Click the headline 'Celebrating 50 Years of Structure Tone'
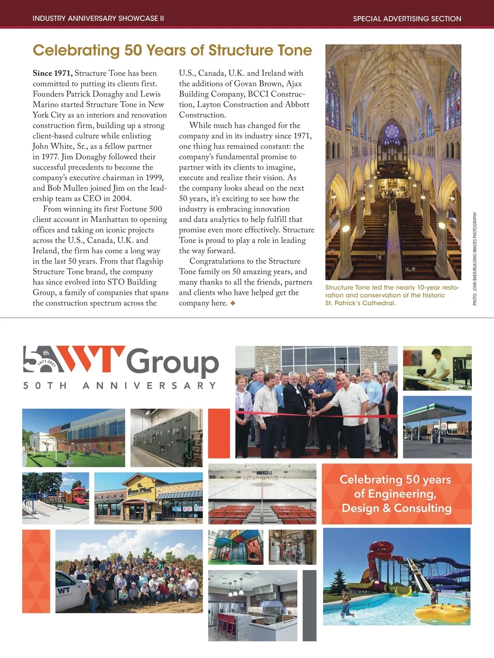(x=172, y=51)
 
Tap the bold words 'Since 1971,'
(x=53, y=73)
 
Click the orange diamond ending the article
(x=233, y=303)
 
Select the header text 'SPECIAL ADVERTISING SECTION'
(x=407, y=19)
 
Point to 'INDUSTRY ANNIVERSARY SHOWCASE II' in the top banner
(x=98, y=19)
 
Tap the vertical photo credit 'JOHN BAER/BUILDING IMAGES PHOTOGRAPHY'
(x=475, y=258)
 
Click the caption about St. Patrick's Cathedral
(x=392, y=295)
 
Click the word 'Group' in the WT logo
(x=172, y=362)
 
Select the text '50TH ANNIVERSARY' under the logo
(x=120, y=386)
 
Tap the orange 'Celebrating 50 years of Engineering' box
(x=396, y=493)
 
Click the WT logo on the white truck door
(x=64, y=591)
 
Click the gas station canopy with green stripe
(x=436, y=411)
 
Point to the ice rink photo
(x=262, y=493)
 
